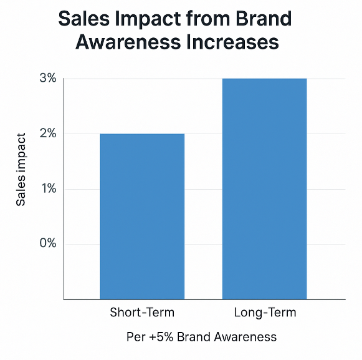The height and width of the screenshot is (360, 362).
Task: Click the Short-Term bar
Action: coord(142,216)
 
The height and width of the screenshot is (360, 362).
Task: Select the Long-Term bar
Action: coord(265,188)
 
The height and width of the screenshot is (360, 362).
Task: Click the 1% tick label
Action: coord(48,188)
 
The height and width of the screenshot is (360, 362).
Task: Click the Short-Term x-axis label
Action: coord(142,313)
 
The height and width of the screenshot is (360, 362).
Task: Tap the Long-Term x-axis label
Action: coord(265,313)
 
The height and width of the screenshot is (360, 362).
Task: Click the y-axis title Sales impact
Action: coord(21,168)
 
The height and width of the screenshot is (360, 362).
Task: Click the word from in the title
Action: coord(209,19)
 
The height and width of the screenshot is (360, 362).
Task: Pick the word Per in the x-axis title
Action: coord(135,338)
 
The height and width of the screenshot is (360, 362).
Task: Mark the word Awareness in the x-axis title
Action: coord(246,338)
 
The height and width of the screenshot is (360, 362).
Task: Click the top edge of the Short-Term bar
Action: coord(142,134)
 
